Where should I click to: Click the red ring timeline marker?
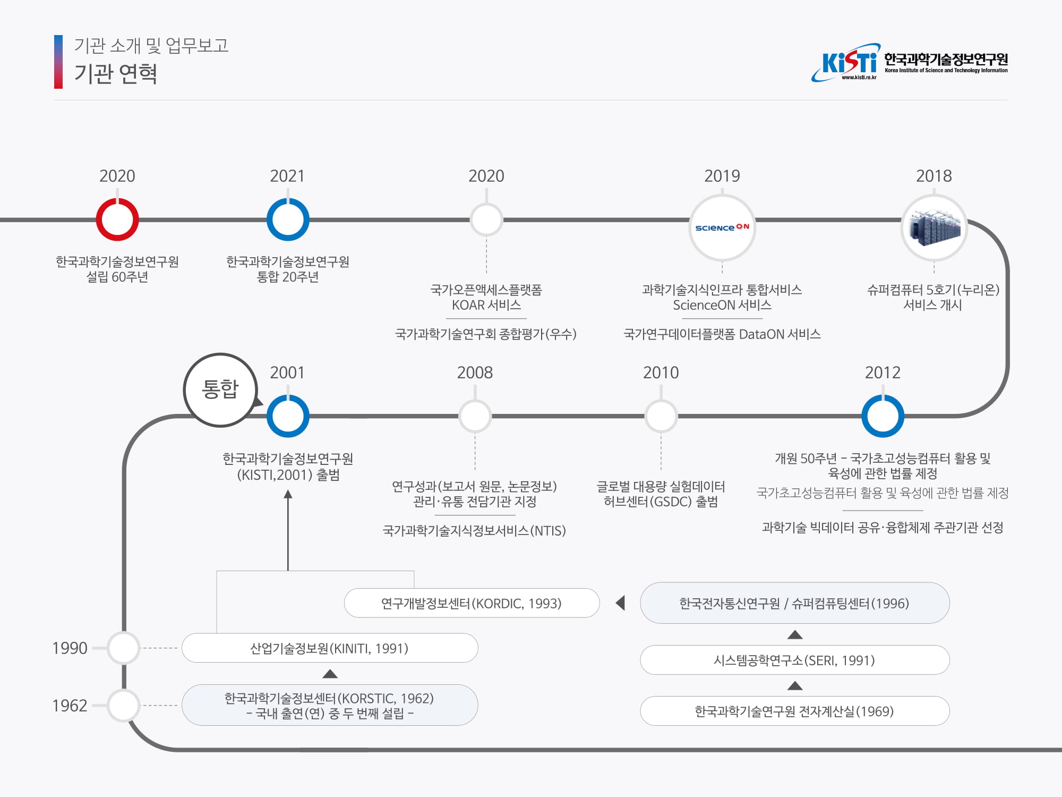[x=117, y=219]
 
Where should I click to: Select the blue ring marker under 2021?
[x=288, y=219]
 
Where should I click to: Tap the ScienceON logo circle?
[x=722, y=227]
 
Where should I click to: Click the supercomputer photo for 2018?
[x=934, y=227]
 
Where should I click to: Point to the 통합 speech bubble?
[x=220, y=389]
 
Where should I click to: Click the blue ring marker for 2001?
[x=288, y=416]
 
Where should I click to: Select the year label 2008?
[x=475, y=372]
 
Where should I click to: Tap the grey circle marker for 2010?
[x=661, y=416]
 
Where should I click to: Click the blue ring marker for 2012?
[x=883, y=416]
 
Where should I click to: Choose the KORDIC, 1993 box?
[x=472, y=603]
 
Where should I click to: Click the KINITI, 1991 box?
[x=329, y=648]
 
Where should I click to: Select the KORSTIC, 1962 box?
[x=329, y=705]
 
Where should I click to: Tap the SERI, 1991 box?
[x=794, y=660]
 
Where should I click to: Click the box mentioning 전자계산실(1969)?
[x=794, y=711]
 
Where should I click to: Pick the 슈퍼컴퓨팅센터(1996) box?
[x=794, y=603]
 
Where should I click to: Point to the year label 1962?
[x=70, y=706]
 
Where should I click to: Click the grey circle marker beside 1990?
[x=123, y=648]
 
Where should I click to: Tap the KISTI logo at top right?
[x=909, y=63]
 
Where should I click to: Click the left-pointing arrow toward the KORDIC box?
[x=620, y=603]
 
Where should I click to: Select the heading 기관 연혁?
[x=116, y=73]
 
